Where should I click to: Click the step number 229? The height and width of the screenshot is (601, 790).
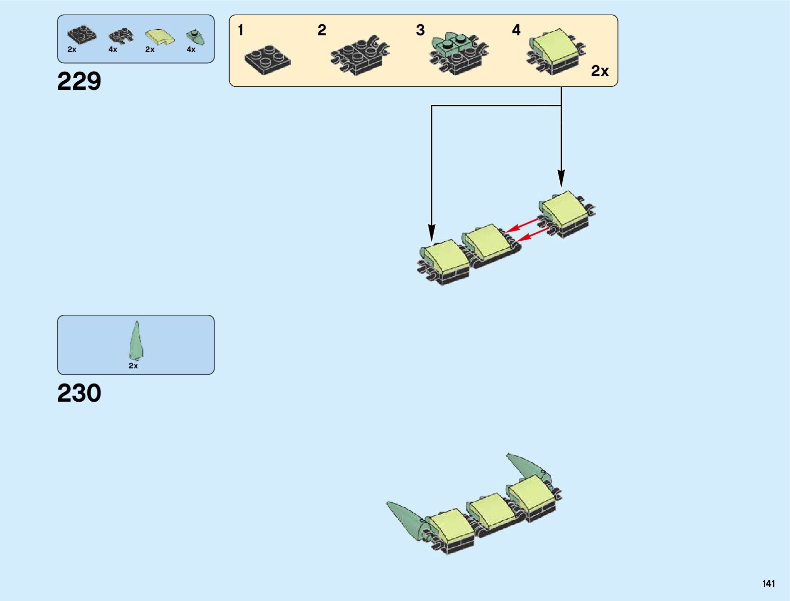pos(79,81)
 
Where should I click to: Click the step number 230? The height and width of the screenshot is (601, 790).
pos(79,393)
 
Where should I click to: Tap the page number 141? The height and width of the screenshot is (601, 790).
pos(768,583)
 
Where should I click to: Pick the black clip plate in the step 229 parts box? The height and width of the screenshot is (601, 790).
pos(121,36)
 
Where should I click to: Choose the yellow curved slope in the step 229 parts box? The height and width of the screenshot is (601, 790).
pos(160,36)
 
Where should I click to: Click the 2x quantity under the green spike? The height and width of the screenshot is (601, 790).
pos(133,366)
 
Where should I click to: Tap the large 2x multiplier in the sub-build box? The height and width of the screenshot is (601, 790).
pos(600,72)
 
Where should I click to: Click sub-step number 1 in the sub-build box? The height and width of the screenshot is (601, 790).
pos(241,30)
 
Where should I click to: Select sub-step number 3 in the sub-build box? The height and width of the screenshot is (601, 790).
pos(420,30)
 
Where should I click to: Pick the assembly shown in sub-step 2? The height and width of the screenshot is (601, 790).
pos(360,55)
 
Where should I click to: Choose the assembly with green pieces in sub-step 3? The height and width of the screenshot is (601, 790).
pos(458,53)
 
